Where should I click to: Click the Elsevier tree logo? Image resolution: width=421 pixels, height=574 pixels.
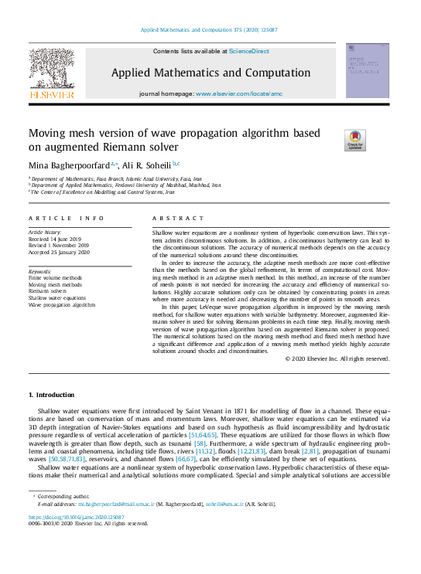[52, 73]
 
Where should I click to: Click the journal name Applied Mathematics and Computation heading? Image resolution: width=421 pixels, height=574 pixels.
[210, 72]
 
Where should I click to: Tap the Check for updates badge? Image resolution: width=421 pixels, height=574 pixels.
[355, 140]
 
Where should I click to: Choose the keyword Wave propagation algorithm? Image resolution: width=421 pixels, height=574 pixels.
[62, 304]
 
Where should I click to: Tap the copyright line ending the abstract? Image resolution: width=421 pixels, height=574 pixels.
[358, 358]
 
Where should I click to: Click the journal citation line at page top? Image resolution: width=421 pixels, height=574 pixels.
[210, 30]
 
